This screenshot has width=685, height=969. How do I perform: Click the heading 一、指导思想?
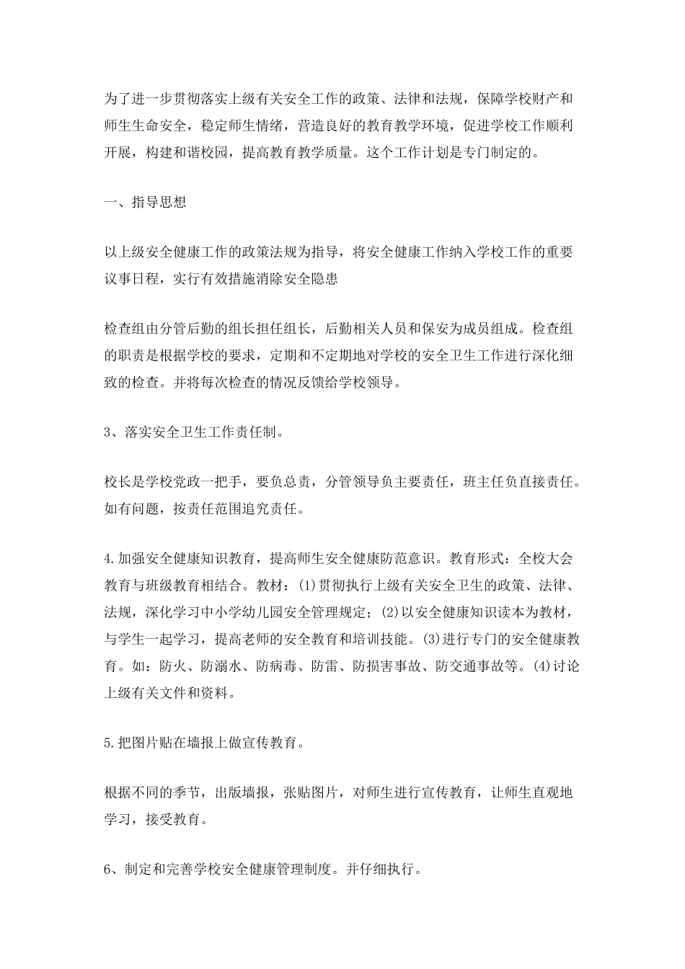145,202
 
